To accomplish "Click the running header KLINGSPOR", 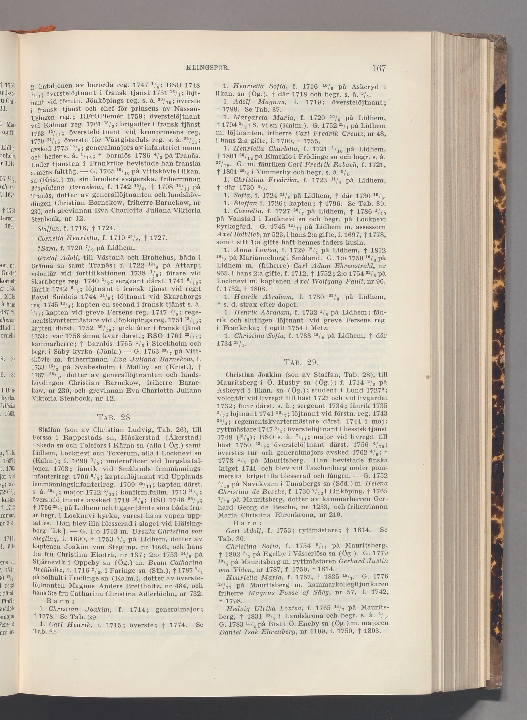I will click(208, 68).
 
